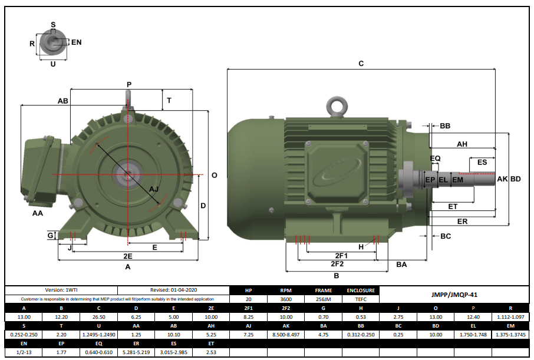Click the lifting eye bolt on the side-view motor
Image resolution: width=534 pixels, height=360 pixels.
pos(338,106)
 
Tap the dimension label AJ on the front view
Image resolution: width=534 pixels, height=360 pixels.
pos(154,189)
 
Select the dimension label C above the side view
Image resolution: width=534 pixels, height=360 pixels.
pos(361,63)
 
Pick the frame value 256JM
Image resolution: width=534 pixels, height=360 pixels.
pos(323,299)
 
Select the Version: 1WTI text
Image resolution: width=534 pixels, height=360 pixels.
pos(61,290)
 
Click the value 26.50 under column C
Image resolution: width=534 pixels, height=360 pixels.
pos(98,317)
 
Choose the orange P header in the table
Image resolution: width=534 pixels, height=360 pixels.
pos(472,308)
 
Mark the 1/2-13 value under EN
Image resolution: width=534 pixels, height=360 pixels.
pos(24,352)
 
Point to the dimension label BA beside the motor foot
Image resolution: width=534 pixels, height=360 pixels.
pos(401,265)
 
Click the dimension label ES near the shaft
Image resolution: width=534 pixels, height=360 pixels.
pos(482,162)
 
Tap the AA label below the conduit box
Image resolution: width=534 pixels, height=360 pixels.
pos(38,213)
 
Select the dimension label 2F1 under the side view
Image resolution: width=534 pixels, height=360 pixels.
pos(341,256)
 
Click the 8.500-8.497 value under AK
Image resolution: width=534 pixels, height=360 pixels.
pos(285,335)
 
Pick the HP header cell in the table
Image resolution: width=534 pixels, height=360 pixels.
pos(248,290)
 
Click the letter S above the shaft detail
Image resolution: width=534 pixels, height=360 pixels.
pos(53,25)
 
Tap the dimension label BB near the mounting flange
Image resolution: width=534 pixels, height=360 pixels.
pos(445,126)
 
